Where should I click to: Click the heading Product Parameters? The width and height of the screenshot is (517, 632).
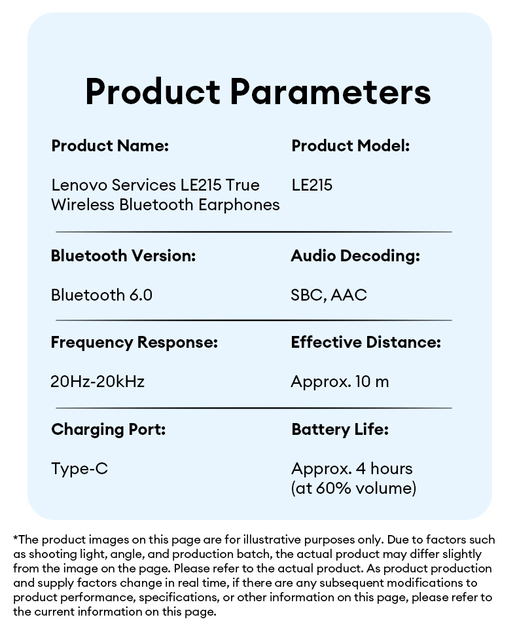(x=258, y=92)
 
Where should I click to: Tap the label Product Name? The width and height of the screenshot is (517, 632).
(x=110, y=146)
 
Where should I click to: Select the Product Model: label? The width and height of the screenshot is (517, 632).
(x=350, y=146)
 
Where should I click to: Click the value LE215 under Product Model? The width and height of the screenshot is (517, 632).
(x=312, y=185)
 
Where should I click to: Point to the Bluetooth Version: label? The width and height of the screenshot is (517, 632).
(x=123, y=256)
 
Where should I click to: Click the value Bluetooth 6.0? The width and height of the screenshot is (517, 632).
(x=101, y=295)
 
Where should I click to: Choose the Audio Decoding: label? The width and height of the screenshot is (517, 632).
(x=355, y=256)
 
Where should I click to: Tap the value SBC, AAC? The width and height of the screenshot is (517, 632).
(x=329, y=295)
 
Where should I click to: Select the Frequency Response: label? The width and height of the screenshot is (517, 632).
(x=134, y=343)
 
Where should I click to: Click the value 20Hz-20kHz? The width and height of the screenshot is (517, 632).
(x=98, y=381)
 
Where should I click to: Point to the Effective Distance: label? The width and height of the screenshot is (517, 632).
(x=366, y=343)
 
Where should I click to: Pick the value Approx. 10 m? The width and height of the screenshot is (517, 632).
(x=340, y=382)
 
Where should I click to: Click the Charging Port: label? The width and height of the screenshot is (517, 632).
(x=109, y=430)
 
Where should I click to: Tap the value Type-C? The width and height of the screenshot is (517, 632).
(x=80, y=469)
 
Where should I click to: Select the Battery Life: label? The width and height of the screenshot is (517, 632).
(x=340, y=430)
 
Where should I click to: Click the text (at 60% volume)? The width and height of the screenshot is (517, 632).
(x=353, y=488)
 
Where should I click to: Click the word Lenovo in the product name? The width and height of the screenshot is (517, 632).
(x=79, y=185)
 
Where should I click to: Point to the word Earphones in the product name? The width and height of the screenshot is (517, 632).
(x=239, y=205)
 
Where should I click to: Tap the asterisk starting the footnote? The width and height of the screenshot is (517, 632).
(x=16, y=538)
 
